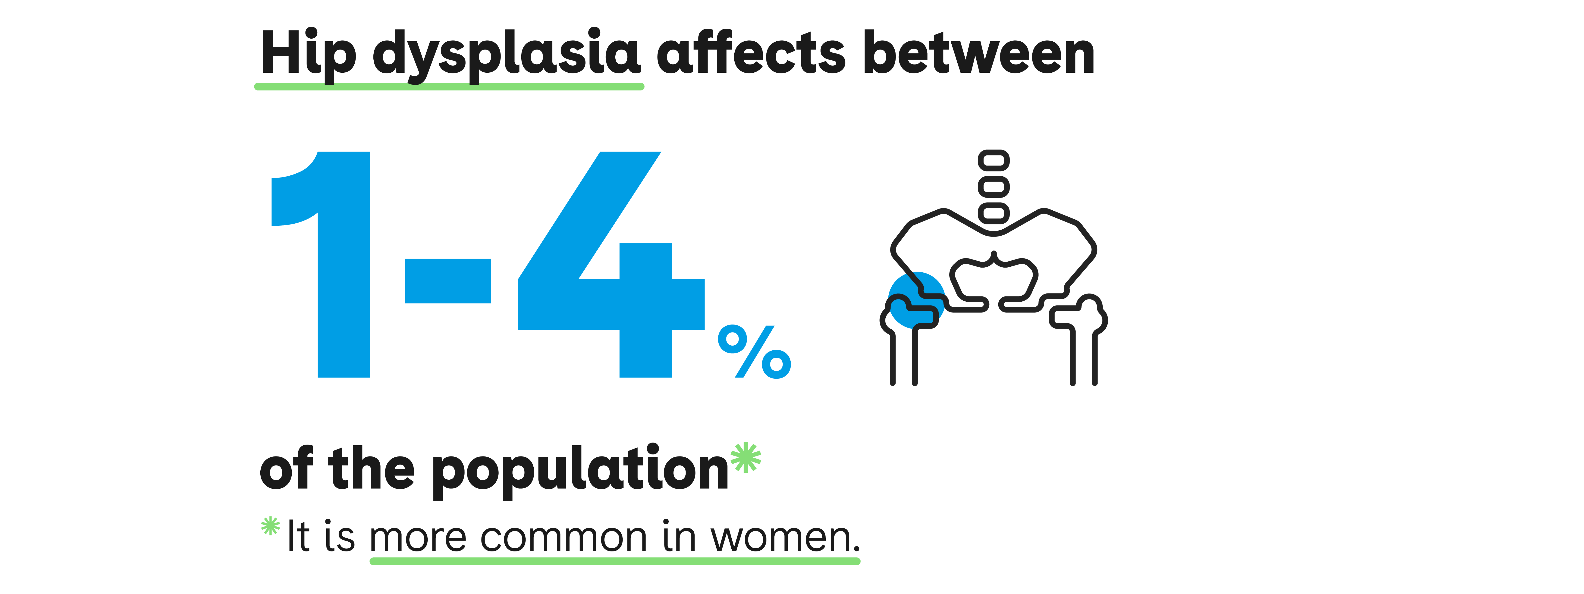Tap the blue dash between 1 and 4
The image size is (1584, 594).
pyautogui.click(x=448, y=281)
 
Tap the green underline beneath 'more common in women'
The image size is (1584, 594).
pyautogui.click(x=615, y=561)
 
